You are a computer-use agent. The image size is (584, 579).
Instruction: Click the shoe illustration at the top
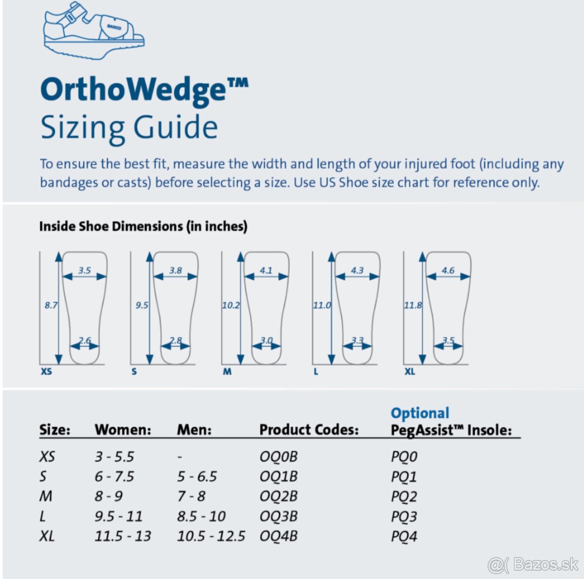point(94,30)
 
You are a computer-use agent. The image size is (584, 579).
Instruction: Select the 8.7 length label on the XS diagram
point(51,305)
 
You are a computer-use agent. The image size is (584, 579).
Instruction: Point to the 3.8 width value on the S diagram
point(176,270)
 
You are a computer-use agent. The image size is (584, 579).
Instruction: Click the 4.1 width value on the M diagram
point(266,270)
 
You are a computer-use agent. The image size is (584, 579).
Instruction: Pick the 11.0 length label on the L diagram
point(322,305)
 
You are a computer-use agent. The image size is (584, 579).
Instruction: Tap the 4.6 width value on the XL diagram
point(448,270)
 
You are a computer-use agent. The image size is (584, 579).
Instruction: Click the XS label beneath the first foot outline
point(46,371)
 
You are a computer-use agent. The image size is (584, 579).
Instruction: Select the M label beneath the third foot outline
point(227,371)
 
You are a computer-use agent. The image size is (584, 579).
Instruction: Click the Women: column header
point(123,429)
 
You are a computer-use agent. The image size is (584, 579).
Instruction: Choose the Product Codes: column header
point(309,429)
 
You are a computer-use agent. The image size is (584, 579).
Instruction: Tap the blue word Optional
point(420,413)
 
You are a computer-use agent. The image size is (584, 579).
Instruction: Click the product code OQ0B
point(278,456)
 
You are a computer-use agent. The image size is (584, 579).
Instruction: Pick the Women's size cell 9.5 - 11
point(118,516)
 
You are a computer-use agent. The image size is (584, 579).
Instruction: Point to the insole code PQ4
point(404,536)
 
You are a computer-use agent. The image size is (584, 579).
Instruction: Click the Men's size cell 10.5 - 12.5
point(211,536)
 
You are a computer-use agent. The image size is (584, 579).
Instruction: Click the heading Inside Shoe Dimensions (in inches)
point(144,226)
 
